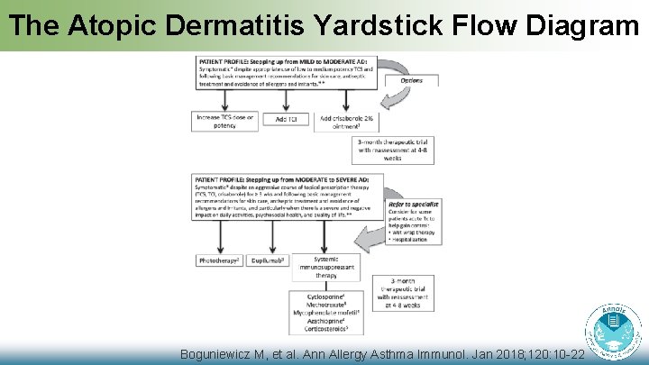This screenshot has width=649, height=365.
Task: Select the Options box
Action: pos(410,80)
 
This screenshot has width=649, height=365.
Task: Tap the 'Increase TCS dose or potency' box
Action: pos(224,121)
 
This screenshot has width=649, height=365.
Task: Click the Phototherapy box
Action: pos(219,260)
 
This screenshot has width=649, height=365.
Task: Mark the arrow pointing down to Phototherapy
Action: pos(220,238)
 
